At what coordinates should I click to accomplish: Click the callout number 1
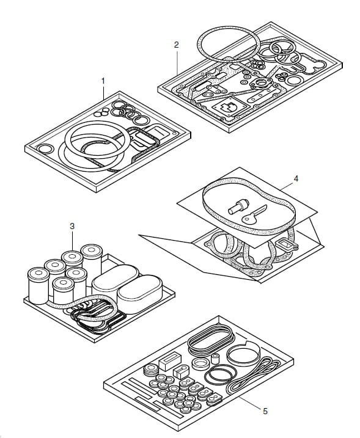click(103, 81)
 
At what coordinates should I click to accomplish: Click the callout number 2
click(177, 45)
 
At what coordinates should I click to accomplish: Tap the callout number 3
click(72, 226)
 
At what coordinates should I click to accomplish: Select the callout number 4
click(296, 178)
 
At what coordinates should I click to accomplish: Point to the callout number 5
click(265, 411)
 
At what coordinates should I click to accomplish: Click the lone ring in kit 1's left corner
click(45, 148)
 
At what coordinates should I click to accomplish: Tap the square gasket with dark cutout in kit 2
click(230, 108)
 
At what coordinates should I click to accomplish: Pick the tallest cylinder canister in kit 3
click(92, 263)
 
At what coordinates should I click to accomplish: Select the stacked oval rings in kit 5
click(211, 340)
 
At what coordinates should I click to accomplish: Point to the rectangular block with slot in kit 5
click(170, 362)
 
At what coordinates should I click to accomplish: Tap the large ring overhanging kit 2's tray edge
click(229, 44)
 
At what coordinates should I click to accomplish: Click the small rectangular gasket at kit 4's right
click(287, 245)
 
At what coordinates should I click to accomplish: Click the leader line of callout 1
click(103, 93)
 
